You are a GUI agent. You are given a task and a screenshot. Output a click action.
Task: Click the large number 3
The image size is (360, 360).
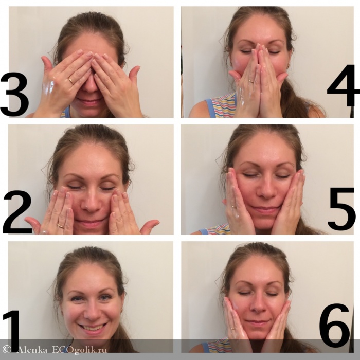click(14, 94)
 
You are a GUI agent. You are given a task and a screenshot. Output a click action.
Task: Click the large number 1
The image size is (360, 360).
click(12, 331)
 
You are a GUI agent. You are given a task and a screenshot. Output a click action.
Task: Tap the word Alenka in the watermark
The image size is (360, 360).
click(32, 350)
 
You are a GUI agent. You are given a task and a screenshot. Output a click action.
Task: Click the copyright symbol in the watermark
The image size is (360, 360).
click(6, 350)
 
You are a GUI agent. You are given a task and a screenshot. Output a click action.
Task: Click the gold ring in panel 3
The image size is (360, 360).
click(71, 81)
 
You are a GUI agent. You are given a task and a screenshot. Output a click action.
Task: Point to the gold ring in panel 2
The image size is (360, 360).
click(60, 226)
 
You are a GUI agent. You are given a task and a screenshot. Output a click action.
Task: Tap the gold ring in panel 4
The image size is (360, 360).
click(252, 81)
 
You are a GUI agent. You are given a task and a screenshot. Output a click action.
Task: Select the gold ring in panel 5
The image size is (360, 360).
click(234, 207)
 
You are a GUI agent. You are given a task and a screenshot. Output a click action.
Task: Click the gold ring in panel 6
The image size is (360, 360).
click(233, 329)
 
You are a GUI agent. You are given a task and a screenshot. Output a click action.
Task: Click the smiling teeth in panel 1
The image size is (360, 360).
click(92, 327)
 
